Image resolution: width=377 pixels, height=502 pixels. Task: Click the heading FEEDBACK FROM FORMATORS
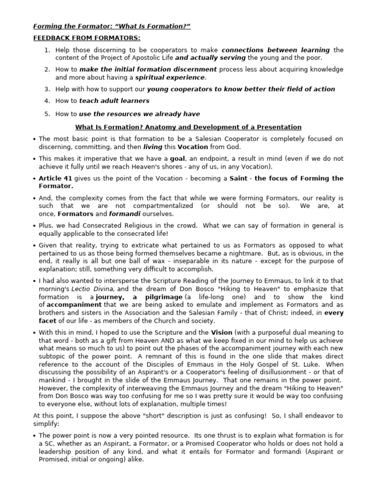[86, 38]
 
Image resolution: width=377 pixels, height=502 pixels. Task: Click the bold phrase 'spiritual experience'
[170, 77]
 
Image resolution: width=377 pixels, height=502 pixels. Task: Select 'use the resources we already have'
[139, 114]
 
